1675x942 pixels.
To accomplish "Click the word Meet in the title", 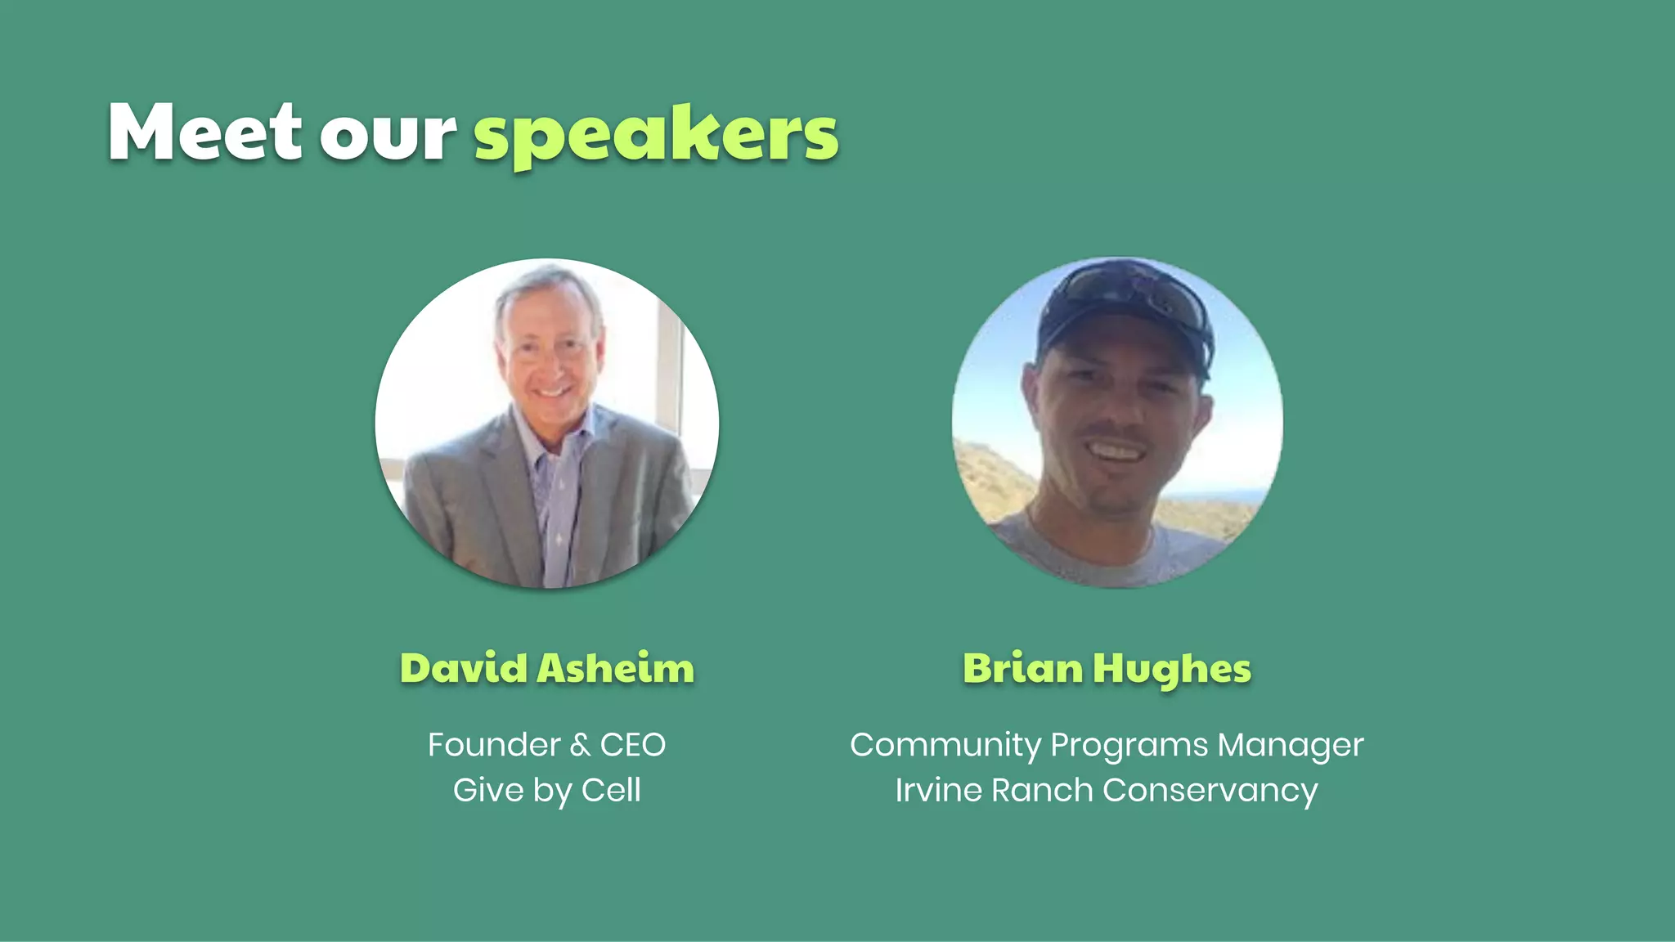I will (x=204, y=132).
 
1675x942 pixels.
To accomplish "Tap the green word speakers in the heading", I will (x=656, y=136).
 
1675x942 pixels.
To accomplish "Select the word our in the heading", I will (x=388, y=134).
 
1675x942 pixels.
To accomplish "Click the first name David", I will (x=464, y=668).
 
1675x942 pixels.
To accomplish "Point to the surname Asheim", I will (x=616, y=668).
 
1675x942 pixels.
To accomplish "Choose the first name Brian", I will (x=1023, y=668).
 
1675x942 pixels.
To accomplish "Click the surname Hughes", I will (x=1173, y=670).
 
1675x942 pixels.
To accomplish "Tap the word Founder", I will (x=494, y=745).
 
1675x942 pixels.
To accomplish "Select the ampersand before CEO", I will (x=580, y=745).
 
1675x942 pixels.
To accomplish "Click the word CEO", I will (x=633, y=745).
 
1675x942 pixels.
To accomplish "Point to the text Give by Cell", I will (x=546, y=791).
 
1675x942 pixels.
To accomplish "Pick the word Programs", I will (x=1129, y=746).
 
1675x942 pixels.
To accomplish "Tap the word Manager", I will (x=1291, y=746).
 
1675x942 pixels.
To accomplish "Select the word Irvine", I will (x=939, y=791).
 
